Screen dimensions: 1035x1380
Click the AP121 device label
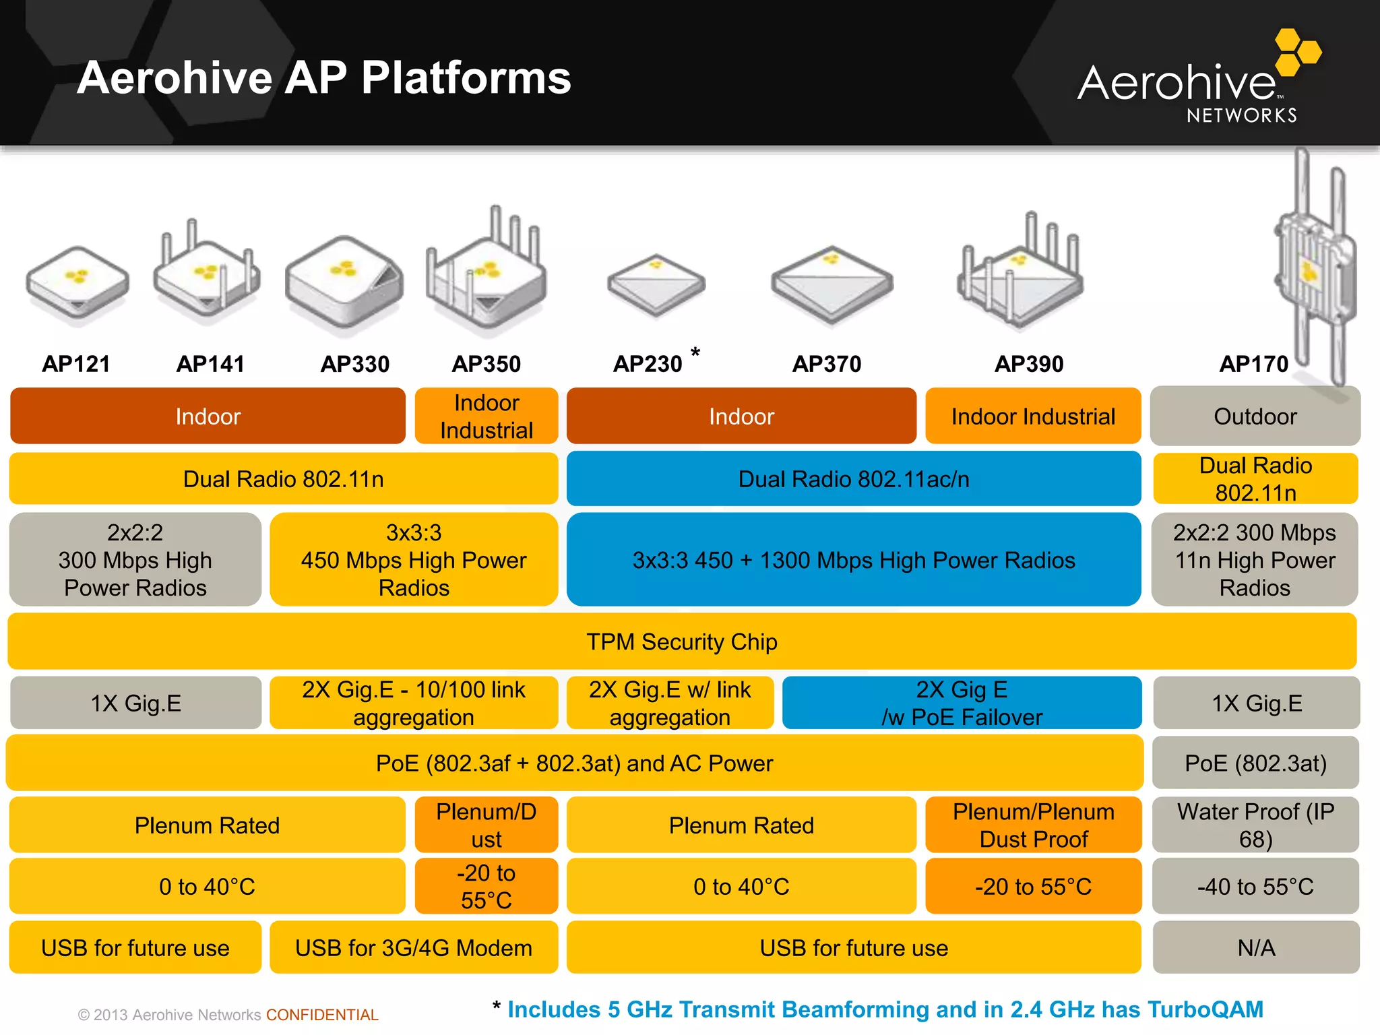point(76,364)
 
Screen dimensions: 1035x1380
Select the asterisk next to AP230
point(695,352)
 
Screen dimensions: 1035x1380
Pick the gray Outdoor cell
point(1255,416)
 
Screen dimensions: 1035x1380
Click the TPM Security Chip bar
point(682,641)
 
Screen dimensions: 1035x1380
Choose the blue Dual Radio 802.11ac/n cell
point(854,479)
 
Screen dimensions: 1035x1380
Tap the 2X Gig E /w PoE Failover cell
point(962,703)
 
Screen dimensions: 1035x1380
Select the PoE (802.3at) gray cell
point(1255,763)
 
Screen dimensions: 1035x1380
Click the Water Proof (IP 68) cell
point(1255,825)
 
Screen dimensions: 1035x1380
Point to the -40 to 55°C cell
point(1255,886)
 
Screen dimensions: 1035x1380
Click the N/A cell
point(1255,947)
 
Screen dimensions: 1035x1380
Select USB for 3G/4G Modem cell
point(414,947)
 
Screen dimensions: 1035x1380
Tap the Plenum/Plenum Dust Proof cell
point(1033,825)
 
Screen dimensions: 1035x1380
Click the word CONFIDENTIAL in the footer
point(322,1015)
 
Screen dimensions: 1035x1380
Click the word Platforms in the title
point(466,77)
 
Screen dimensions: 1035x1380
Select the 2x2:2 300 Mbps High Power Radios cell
point(135,560)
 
